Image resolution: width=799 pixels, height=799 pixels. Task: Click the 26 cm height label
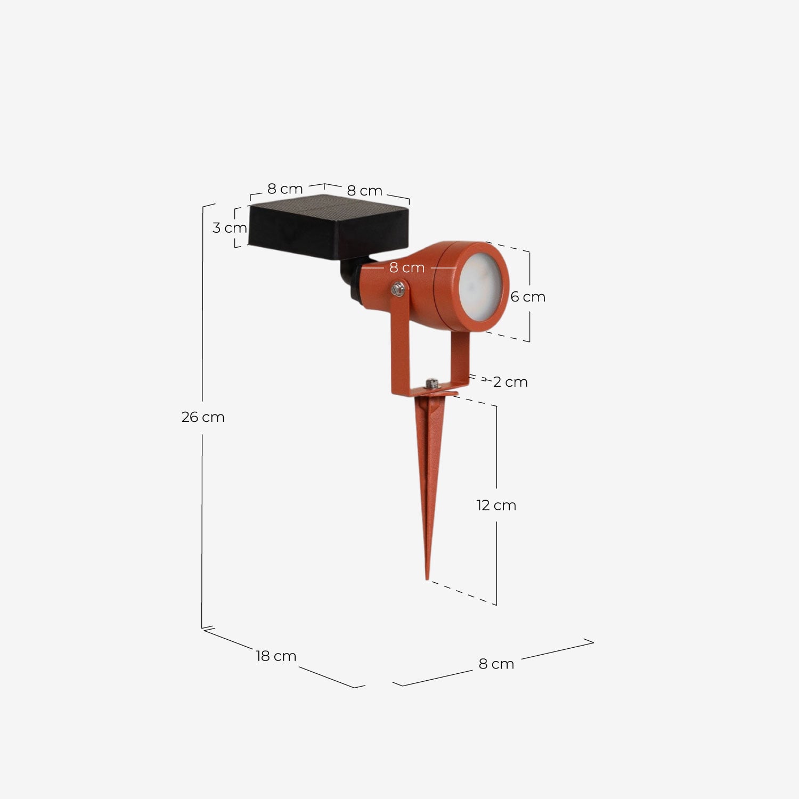pos(202,417)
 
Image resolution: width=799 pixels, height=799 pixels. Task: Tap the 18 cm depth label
pos(276,656)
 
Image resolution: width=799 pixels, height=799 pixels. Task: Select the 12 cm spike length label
pos(496,505)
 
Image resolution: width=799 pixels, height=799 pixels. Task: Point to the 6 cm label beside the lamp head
pos(527,297)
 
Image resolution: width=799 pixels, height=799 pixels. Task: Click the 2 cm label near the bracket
pos(510,382)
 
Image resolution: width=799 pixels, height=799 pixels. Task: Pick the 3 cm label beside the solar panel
pos(230,228)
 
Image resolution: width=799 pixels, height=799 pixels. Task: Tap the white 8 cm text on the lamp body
pos(407,267)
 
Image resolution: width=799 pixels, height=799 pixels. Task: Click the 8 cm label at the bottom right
pos(496,664)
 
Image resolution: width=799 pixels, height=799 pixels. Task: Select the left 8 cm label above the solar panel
pos(285,189)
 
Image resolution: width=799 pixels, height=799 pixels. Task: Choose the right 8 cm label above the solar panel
pos(365,191)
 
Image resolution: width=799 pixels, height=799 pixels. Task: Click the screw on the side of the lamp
pos(397,289)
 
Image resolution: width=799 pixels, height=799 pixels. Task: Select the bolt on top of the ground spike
pos(431,382)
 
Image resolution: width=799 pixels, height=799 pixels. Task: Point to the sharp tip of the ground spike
pos(427,577)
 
